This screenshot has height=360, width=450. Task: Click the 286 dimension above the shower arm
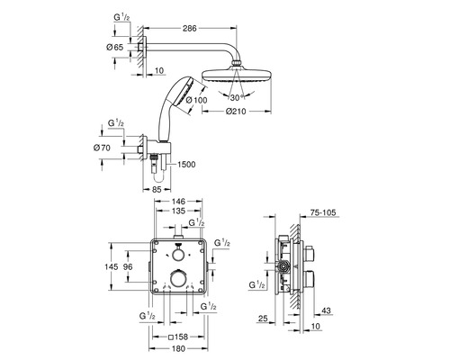coord(190,28)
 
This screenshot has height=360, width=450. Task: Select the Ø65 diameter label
coord(115,47)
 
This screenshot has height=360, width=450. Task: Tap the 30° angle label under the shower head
coord(237,97)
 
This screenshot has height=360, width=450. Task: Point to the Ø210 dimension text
coord(236,112)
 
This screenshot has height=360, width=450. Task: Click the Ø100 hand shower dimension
coord(197,100)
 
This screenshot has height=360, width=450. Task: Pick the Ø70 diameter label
coord(102,148)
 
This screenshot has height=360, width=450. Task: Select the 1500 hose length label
coord(186,165)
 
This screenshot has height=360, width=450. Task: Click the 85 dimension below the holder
coord(157,190)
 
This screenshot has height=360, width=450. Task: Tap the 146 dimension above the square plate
coord(178,202)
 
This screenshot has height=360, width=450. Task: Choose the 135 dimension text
coord(178,211)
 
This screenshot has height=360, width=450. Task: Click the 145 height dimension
coord(112,266)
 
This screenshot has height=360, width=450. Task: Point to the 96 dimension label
coord(128,266)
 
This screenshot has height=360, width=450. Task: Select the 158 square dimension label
coord(178,337)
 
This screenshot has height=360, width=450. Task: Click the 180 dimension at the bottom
coord(179,348)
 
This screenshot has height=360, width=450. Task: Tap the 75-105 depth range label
coord(323,213)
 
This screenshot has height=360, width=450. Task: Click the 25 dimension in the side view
coord(263,319)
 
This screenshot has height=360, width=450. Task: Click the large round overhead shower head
coord(237,75)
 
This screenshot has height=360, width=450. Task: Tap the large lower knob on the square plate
coord(179,279)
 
